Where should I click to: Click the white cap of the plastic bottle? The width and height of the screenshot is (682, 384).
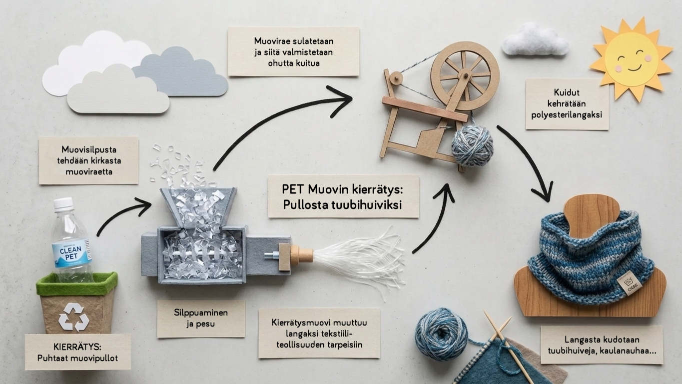pyautogui.click(x=63, y=204)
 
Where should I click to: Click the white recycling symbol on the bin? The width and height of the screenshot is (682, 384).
pyautogui.click(x=73, y=316)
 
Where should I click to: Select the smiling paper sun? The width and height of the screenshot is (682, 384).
pyautogui.click(x=631, y=58)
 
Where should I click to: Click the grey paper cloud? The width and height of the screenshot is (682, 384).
pyautogui.click(x=180, y=72)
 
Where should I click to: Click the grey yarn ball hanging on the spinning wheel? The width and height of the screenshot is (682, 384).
pyautogui.click(x=472, y=145)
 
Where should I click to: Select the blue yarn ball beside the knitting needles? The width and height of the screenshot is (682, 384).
pyautogui.click(x=441, y=333)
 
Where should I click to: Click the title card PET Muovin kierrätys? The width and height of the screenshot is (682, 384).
pyautogui.click(x=343, y=196)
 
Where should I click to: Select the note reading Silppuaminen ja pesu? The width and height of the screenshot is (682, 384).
pyautogui.click(x=201, y=318)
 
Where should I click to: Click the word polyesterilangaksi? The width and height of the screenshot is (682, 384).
pyautogui.click(x=567, y=114)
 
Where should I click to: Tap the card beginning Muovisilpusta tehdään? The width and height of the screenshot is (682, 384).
pyautogui.click(x=88, y=160)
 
